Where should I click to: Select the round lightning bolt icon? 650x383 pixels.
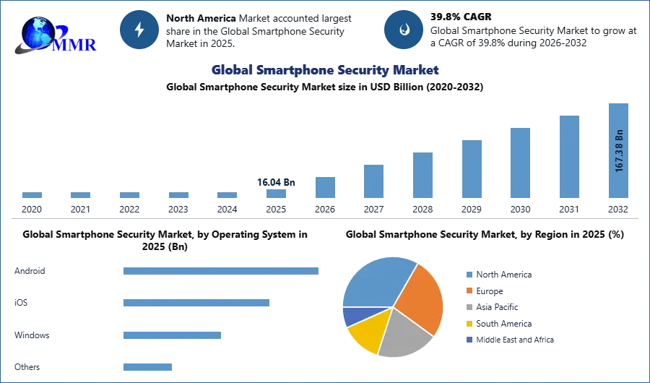[x=139, y=30]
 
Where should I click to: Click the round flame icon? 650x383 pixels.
[x=404, y=30]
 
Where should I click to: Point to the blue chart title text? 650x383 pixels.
[x=324, y=70]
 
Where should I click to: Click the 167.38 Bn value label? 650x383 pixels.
[x=619, y=150]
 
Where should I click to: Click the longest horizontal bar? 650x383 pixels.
[x=222, y=272]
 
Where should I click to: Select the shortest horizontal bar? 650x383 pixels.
[x=147, y=366]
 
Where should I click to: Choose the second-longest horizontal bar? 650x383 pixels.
[x=196, y=301]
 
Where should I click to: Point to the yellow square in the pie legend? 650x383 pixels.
[x=469, y=324]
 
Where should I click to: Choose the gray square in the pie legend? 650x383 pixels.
[x=469, y=307]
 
